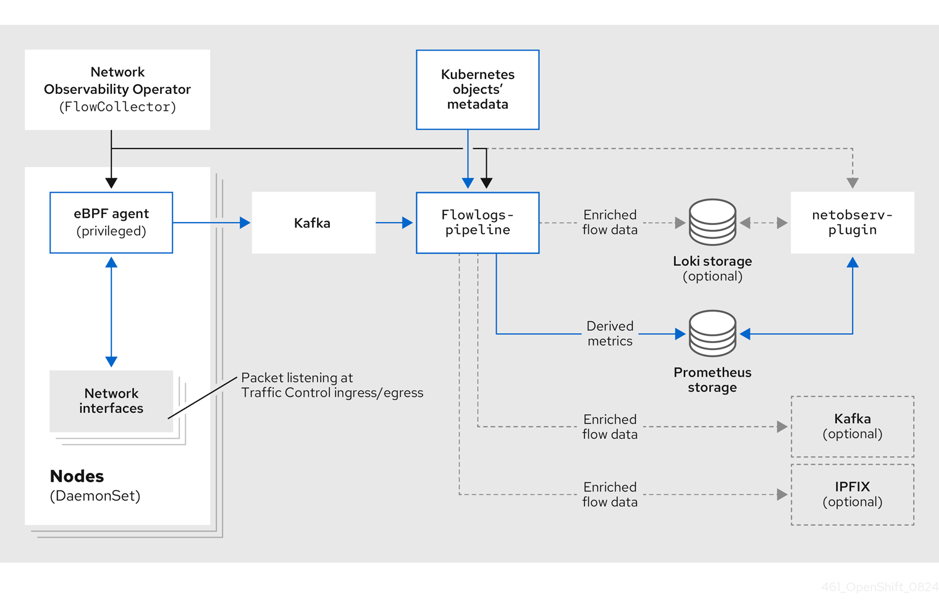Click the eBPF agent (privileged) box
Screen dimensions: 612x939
pyautogui.click(x=111, y=223)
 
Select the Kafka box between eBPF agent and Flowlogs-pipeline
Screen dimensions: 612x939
pyautogui.click(x=313, y=223)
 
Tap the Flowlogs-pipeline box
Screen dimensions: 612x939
pyautogui.click(x=478, y=223)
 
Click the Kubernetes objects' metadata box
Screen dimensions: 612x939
pyautogui.click(x=478, y=90)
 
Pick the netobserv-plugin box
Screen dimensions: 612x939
pyautogui.click(x=853, y=223)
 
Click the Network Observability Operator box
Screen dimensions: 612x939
pyautogui.click(x=117, y=90)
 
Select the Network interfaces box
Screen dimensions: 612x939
pyautogui.click(x=111, y=401)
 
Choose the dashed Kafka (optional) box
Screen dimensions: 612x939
pyautogui.click(x=853, y=427)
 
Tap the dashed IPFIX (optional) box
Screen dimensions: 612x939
pyautogui.click(x=853, y=495)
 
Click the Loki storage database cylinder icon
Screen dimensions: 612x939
pyautogui.click(x=712, y=223)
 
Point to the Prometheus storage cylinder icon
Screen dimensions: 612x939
pyautogui.click(x=712, y=334)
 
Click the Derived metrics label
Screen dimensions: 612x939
pyautogui.click(x=610, y=334)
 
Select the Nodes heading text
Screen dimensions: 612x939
pyautogui.click(x=77, y=476)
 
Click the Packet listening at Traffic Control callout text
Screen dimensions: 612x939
pyautogui.click(x=332, y=385)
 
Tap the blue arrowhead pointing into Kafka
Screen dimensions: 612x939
pyautogui.click(x=245, y=223)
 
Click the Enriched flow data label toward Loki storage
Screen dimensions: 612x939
pyautogui.click(x=610, y=223)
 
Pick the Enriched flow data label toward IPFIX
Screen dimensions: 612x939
pyautogui.click(x=610, y=495)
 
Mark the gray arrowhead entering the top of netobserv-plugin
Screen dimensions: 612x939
pyautogui.click(x=853, y=183)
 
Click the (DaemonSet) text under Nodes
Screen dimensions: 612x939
pyautogui.click(x=95, y=496)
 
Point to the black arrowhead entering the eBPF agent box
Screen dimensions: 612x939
pyautogui.click(x=111, y=183)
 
